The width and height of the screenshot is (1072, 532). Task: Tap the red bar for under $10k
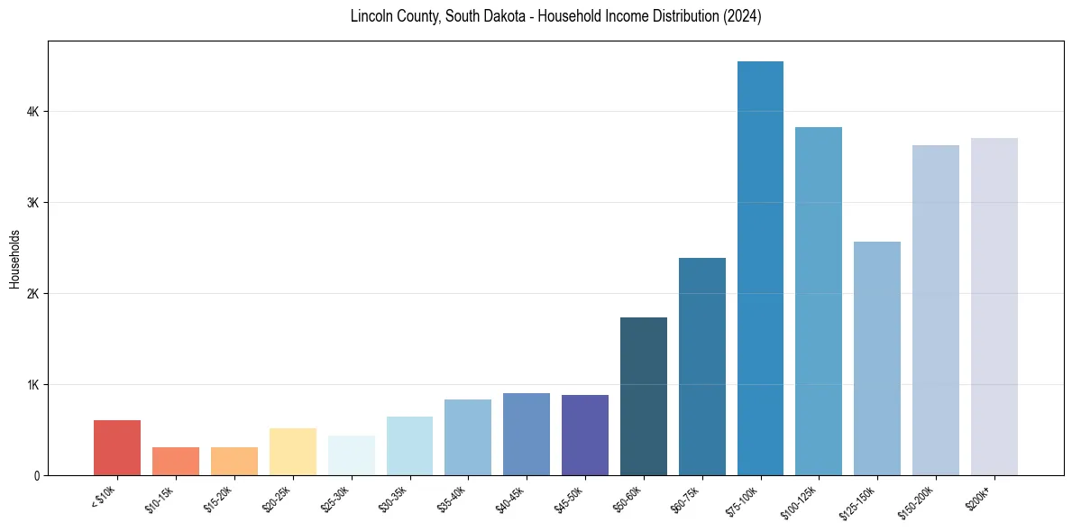[x=117, y=447]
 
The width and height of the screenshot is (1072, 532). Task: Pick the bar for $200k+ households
[x=994, y=307]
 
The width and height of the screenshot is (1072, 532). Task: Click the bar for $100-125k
[x=819, y=301]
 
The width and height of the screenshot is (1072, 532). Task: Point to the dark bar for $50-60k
[x=644, y=396]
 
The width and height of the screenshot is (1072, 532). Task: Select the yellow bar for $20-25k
[x=293, y=452]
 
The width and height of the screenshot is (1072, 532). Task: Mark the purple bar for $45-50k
[x=585, y=435]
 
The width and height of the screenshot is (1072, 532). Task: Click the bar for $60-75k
[x=702, y=366]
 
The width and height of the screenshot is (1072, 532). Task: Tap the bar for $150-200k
[x=936, y=310]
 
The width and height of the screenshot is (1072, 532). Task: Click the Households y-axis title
[x=14, y=259]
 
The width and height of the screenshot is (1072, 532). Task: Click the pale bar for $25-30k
[x=352, y=455]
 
